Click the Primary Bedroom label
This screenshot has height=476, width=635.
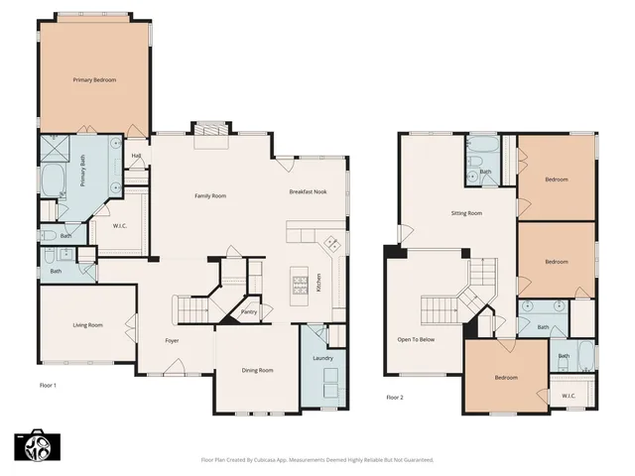tap(94, 79)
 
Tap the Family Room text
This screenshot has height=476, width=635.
tap(209, 196)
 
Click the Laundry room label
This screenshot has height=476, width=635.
tap(321, 357)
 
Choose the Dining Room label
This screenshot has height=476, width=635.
tap(257, 370)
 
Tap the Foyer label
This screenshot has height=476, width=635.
tap(172, 341)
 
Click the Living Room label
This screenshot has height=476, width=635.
tap(87, 324)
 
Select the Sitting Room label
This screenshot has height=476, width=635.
tap(466, 213)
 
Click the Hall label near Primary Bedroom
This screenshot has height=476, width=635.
tap(136, 156)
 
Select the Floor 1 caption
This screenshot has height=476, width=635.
tap(49, 385)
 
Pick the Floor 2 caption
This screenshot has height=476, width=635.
tap(395, 398)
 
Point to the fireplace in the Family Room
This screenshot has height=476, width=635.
tap(209, 130)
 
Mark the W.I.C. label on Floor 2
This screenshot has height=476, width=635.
tap(569, 396)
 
